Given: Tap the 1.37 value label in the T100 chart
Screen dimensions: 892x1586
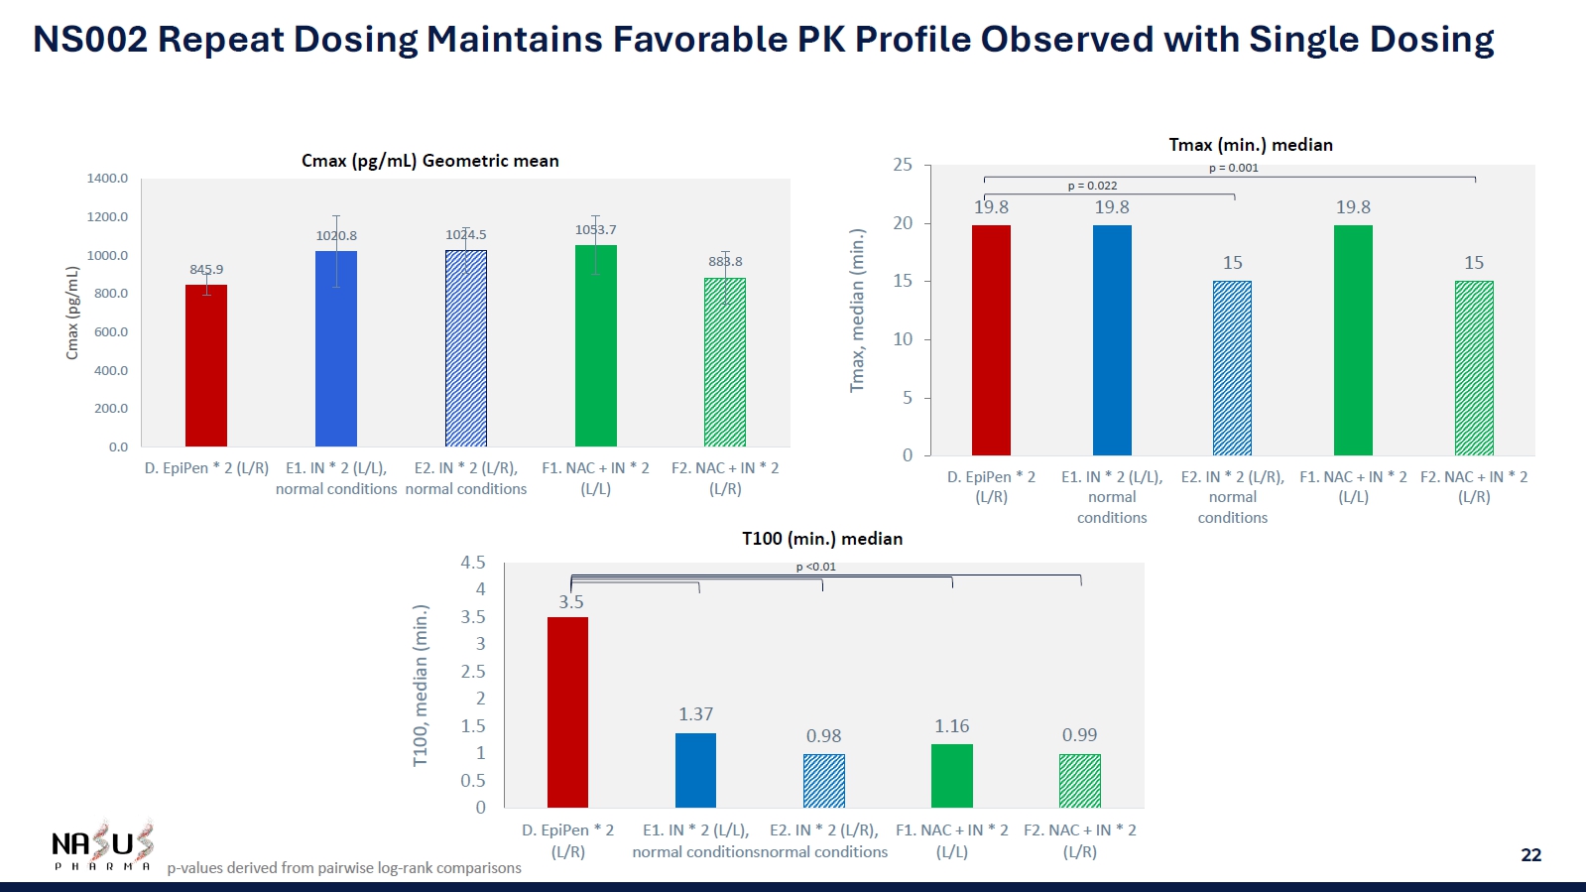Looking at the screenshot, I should pyautogui.click(x=695, y=714).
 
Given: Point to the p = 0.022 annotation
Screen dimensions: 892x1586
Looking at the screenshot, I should pyautogui.click(x=1092, y=186).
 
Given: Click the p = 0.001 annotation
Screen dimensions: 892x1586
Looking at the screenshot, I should pyautogui.click(x=1233, y=168).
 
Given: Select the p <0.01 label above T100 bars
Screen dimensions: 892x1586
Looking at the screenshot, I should pyautogui.click(x=815, y=567).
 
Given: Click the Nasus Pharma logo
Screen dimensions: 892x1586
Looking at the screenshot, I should pyautogui.click(x=102, y=846).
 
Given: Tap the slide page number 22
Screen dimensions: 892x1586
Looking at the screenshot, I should pyautogui.click(x=1530, y=854).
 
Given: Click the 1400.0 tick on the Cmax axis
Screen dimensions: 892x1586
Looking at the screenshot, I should pyautogui.click(x=107, y=179).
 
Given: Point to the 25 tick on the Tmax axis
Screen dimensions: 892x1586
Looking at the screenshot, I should pyautogui.click(x=903, y=165).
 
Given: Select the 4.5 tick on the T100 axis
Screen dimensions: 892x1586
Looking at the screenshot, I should pyautogui.click(x=473, y=563).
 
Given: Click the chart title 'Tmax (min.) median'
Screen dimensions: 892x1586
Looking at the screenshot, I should pyautogui.click(x=1250, y=145).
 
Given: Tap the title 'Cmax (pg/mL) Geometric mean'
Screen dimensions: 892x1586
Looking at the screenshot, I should pyautogui.click(x=429, y=161).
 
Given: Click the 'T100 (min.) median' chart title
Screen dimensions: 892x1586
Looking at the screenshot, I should pyautogui.click(x=821, y=539).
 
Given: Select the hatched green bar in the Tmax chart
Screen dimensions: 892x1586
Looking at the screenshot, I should pyautogui.click(x=1473, y=368).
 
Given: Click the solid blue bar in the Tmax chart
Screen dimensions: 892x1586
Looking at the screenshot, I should pyautogui.click(x=1112, y=340).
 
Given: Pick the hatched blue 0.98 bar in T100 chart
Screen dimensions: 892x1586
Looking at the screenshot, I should pyautogui.click(x=823, y=781).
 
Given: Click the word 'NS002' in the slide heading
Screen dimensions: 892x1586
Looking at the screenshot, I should pyautogui.click(x=90, y=40).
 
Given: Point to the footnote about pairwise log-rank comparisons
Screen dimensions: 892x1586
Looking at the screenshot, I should pyautogui.click(x=343, y=868).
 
